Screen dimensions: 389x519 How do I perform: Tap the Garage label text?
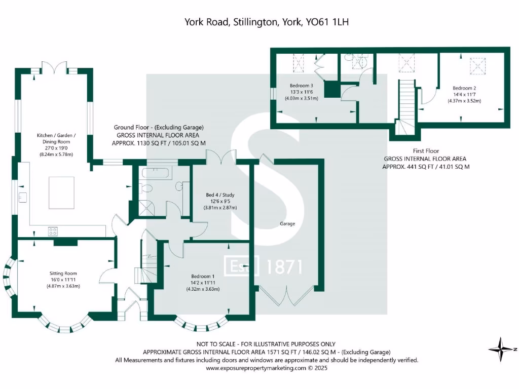click(287, 223)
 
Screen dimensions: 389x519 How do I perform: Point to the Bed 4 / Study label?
click(220, 195)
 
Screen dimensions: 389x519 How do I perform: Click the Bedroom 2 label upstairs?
click(464, 88)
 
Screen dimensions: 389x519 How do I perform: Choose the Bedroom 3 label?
click(301, 86)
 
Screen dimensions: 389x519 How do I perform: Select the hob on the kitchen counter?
click(53, 231)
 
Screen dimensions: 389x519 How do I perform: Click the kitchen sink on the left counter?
click(22, 197)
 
